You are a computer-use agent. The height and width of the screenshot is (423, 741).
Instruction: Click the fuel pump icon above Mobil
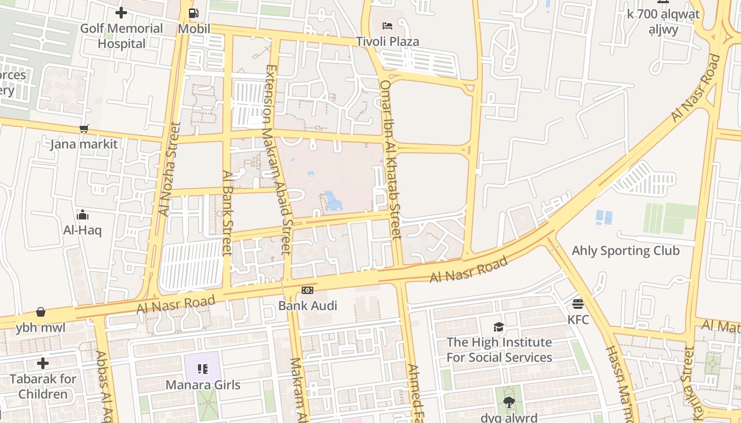tap(194, 14)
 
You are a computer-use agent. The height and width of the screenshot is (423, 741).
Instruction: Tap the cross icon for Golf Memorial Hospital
tap(121, 13)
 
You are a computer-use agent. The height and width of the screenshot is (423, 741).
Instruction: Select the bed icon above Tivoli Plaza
tap(387, 26)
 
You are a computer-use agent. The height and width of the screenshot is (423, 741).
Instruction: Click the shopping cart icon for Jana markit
tap(84, 128)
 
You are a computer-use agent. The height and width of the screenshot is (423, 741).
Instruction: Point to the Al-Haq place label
tap(82, 230)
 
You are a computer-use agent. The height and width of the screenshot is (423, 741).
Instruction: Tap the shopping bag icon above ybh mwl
tap(41, 312)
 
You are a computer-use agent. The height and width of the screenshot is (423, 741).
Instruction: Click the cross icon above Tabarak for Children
tap(43, 363)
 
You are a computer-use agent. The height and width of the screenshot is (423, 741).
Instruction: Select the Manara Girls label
tap(203, 384)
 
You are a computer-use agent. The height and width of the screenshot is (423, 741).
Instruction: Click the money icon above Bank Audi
tap(308, 290)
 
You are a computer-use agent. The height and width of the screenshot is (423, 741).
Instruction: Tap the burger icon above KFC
tap(577, 304)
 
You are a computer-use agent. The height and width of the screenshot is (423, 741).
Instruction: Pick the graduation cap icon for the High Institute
tap(499, 327)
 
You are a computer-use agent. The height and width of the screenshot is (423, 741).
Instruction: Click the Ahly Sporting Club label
tap(626, 250)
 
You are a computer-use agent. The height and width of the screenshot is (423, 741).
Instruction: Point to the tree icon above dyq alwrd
tap(509, 402)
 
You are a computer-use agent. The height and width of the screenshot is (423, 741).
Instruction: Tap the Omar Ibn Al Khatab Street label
tap(391, 159)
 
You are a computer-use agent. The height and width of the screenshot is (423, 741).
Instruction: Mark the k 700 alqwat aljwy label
tap(663, 21)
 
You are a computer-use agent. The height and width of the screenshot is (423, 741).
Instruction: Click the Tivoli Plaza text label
tap(387, 41)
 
